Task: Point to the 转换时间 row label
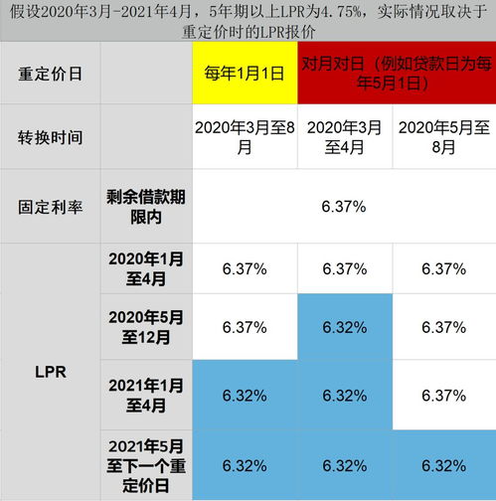(x=49, y=137)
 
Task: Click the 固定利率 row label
(x=49, y=207)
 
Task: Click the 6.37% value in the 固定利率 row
(x=344, y=207)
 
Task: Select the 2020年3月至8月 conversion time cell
(x=245, y=137)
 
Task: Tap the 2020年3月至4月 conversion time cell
(x=344, y=137)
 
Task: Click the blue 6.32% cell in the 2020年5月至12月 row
(x=344, y=327)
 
